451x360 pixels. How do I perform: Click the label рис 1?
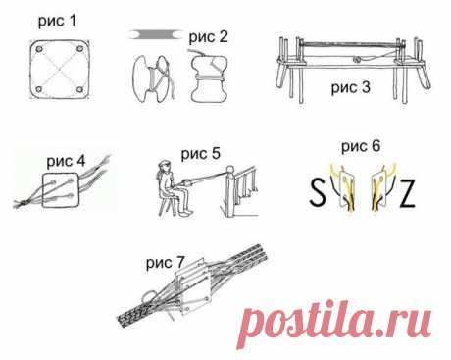[57, 21]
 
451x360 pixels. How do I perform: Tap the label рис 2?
[209, 36]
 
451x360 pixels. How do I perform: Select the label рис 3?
[351, 87]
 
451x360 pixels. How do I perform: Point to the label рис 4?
[66, 161]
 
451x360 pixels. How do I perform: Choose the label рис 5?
[201, 154]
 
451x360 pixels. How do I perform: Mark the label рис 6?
[361, 146]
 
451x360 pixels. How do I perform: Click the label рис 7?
[166, 263]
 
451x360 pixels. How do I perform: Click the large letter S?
[318, 192]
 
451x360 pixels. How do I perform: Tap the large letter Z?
[407, 193]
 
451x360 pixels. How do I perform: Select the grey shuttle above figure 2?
[156, 34]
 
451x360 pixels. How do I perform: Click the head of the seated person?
[165, 167]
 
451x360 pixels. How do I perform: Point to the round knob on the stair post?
[230, 169]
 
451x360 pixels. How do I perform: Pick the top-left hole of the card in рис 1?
[39, 49]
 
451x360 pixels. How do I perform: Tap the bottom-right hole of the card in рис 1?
[79, 89]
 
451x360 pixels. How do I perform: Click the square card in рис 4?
[61, 190]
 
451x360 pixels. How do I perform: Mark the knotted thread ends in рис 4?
[22, 203]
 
